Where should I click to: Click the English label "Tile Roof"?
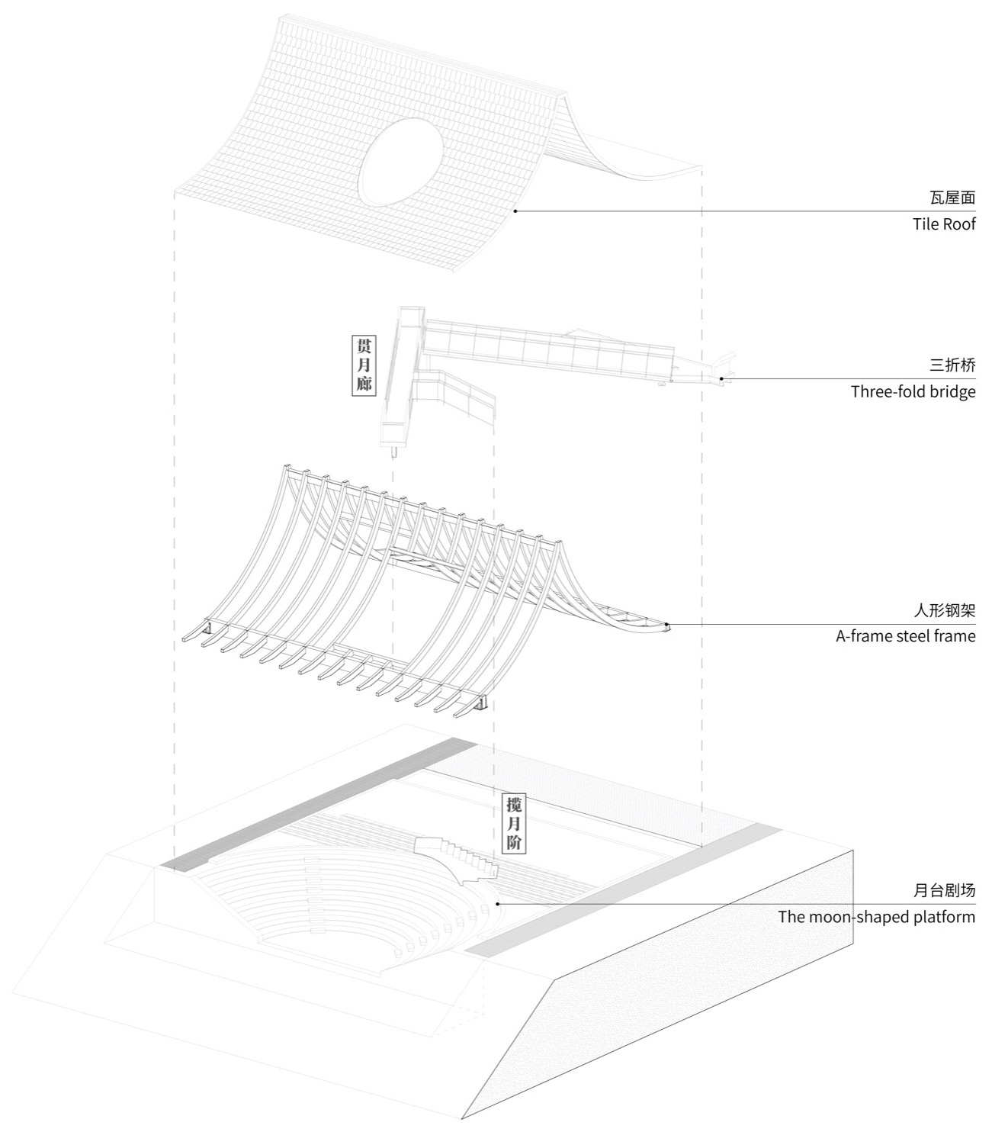click(944, 224)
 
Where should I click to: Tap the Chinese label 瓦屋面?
click(952, 198)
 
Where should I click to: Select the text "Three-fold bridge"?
click(913, 391)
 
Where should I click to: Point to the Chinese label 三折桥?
click(952, 365)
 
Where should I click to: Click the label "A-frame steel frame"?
click(905, 636)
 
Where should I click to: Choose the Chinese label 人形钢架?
click(945, 610)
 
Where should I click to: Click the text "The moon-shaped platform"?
click(877, 917)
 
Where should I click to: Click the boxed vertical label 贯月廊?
click(364, 365)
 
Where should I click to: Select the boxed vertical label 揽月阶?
click(514, 824)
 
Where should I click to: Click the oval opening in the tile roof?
click(400, 162)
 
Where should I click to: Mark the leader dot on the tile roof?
click(515, 211)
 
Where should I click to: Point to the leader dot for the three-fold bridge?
click(721, 379)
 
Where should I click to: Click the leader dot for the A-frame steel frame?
click(666, 624)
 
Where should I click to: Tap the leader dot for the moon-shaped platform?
click(498, 903)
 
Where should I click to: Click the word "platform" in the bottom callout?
click(942, 917)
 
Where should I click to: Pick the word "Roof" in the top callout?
click(959, 224)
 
